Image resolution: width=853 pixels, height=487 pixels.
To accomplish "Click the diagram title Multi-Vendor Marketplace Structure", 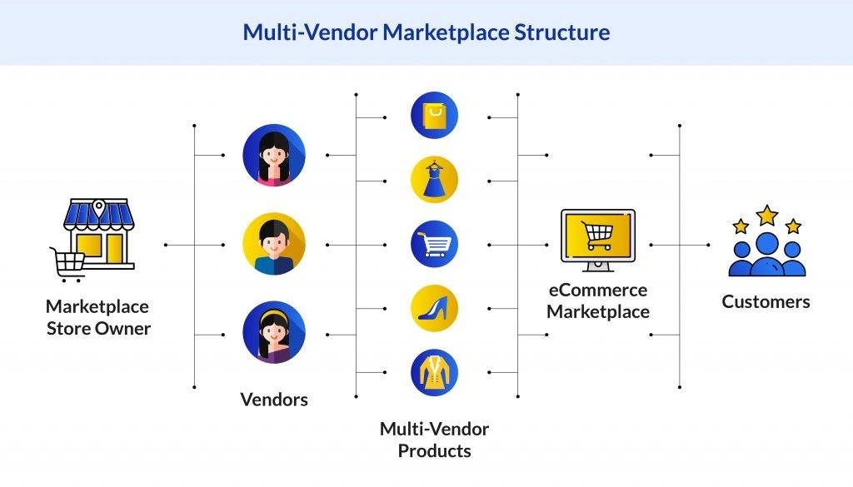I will (426, 32).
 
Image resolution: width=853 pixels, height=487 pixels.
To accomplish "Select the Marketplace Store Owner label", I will (98, 317).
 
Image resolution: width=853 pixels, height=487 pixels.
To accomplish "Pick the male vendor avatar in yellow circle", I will (274, 245).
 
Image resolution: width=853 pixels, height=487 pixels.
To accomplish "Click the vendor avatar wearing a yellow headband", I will (274, 333).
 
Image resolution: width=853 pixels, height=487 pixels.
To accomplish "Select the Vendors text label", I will (274, 400).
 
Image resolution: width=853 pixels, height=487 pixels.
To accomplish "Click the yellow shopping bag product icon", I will (434, 116).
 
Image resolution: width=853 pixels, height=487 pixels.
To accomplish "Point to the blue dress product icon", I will (434, 180).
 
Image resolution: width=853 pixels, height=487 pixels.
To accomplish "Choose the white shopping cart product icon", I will (434, 245).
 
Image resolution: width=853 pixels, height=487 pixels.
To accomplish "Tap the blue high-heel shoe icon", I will (434, 308).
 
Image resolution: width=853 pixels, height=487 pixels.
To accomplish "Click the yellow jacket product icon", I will (434, 372).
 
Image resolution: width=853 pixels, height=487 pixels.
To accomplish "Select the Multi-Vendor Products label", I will (434, 440).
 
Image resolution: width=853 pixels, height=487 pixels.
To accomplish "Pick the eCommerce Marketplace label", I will (597, 301).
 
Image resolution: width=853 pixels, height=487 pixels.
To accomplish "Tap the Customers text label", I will (766, 301).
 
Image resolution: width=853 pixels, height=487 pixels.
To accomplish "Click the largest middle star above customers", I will (766, 216).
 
